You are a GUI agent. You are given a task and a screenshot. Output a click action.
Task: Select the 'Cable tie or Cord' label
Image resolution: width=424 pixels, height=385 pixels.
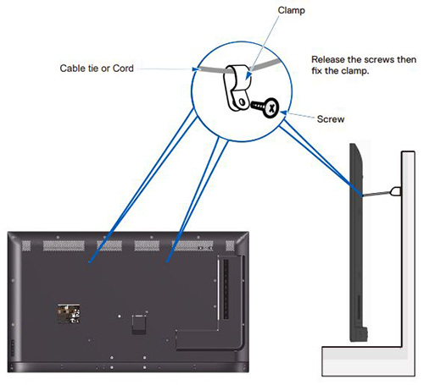click(95, 68)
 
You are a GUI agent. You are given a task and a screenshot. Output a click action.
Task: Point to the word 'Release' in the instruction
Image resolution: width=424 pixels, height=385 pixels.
click(331, 59)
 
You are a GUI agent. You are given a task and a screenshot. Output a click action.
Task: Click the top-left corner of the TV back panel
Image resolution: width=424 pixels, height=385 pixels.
click(11, 233)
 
